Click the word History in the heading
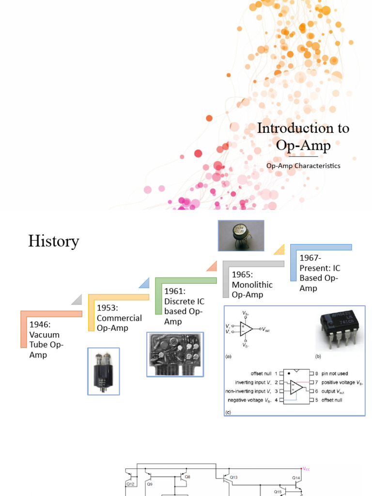point(53,241)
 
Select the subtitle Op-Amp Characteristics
point(303,166)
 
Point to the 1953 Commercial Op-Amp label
point(119,318)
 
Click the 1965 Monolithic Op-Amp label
point(252,284)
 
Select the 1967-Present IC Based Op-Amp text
point(320,273)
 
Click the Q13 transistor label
point(234,477)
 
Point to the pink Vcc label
point(306,468)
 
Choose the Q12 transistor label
point(131,483)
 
